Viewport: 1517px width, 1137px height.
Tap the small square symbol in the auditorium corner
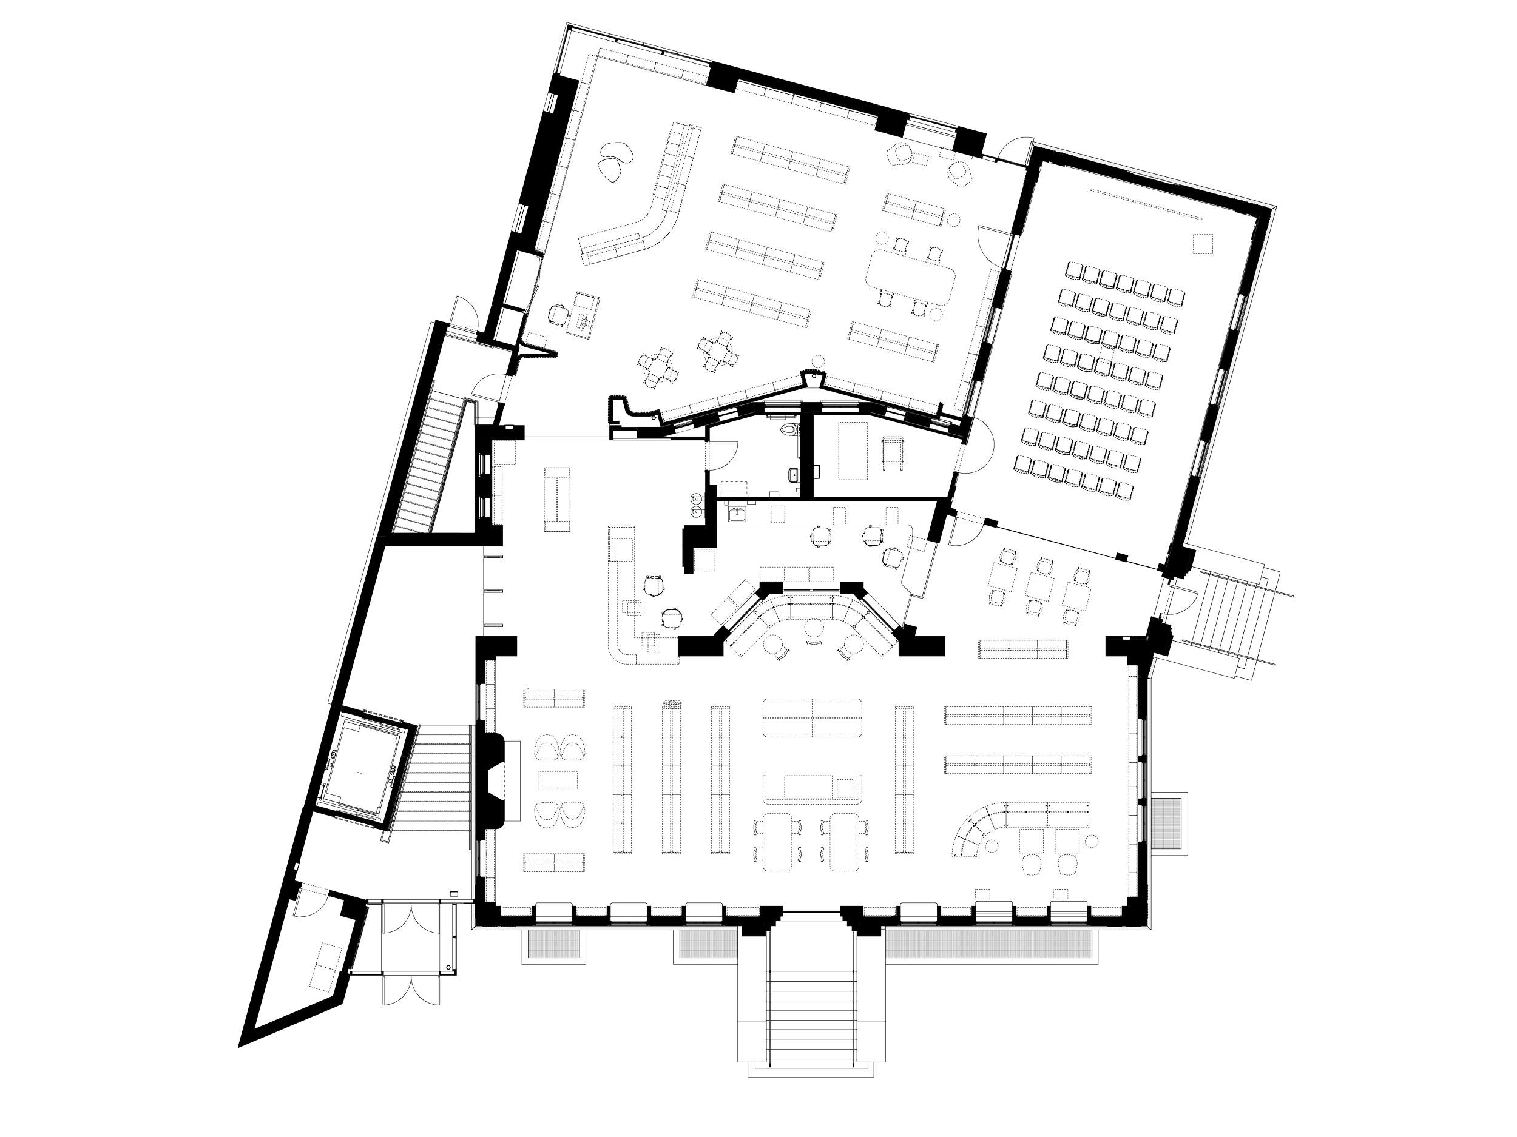point(1201,243)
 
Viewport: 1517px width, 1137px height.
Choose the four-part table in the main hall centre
point(812,717)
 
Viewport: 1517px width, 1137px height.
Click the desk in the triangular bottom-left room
point(328,963)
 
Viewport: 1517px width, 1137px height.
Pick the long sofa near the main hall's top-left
point(558,498)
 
